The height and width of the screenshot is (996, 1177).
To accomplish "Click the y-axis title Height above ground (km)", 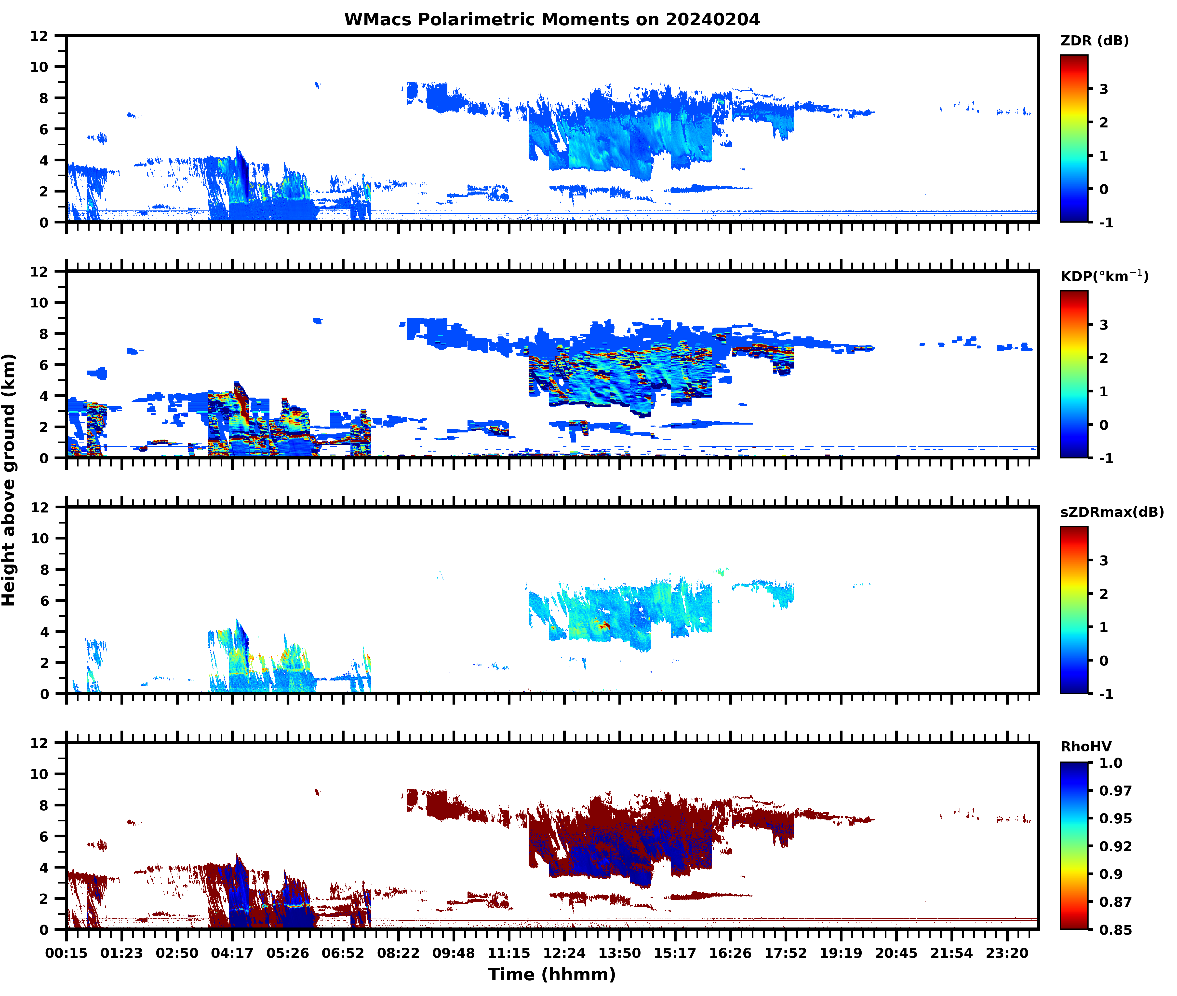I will click(x=9, y=480).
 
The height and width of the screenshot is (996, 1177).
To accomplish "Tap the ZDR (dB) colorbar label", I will click(x=1094, y=41).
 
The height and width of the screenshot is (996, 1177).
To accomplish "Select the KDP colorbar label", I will click(x=1104, y=276).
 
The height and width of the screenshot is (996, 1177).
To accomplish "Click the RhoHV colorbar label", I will click(x=1086, y=747).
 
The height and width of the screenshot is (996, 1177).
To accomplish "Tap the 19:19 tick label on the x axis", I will click(x=841, y=953).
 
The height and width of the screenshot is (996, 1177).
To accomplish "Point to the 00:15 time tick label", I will click(x=67, y=953).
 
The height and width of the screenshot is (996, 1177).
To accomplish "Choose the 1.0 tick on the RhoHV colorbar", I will click(x=1110, y=763).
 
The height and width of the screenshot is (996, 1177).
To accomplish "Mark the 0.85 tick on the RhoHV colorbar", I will click(x=1115, y=929).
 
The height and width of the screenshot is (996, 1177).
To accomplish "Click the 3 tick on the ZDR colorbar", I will click(x=1104, y=89).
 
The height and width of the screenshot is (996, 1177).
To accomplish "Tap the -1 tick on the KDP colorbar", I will click(x=1106, y=458).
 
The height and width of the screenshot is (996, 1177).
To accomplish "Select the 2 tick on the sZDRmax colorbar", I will click(x=1104, y=594).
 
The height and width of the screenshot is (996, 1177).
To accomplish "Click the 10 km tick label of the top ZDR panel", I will click(x=40, y=67).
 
